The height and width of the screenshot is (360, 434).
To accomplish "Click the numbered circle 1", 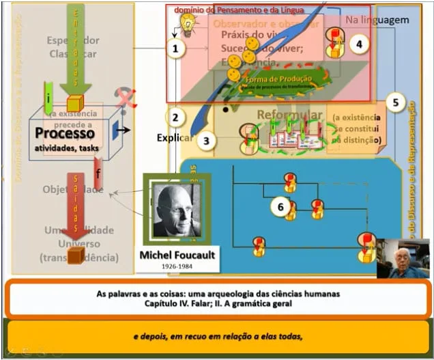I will tap(176, 49).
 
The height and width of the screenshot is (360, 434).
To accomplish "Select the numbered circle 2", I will tap(176, 117).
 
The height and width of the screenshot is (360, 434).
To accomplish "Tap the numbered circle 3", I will tap(207, 141).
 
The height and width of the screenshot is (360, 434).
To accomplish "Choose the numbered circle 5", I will tap(395, 102).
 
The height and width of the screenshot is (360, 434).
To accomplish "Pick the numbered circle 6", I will tap(278, 206).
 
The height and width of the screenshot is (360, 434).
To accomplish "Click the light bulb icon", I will tap(185, 25).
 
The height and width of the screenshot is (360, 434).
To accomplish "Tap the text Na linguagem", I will tap(377, 20).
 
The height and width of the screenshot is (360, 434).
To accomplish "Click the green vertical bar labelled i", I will tap(48, 98).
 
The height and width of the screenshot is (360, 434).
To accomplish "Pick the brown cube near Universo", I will tap(76, 255).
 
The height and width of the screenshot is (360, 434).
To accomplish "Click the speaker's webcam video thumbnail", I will tap(403, 258).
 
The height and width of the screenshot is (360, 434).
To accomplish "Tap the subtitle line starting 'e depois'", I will tap(217, 336).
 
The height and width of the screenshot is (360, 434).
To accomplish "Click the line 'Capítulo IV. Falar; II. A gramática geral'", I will tap(218, 304).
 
